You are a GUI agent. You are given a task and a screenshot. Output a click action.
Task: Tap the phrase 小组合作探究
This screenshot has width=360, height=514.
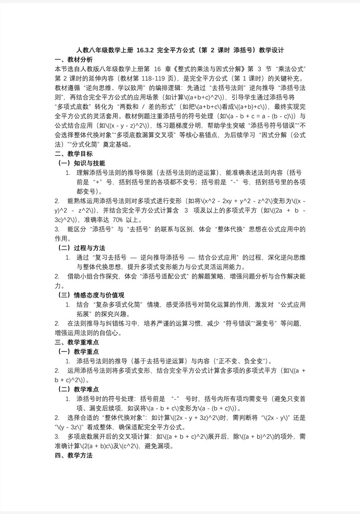coord(98,276)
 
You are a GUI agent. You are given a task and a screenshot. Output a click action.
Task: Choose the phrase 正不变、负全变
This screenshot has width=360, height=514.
coord(242,361)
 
